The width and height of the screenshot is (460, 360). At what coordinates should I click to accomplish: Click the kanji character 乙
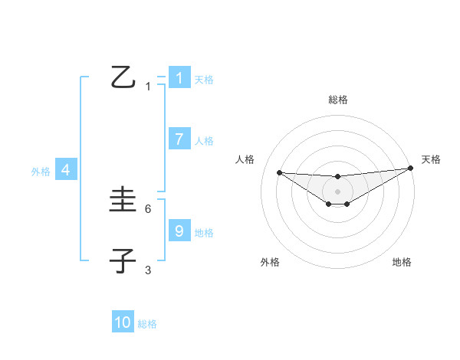123,77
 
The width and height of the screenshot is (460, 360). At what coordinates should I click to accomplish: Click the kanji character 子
123,261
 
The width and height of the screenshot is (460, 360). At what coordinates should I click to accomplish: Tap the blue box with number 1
179,78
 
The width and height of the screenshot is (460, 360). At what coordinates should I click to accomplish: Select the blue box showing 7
179,139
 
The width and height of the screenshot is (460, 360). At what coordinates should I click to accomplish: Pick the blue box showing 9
179,231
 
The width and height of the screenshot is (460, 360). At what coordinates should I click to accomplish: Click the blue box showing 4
65,170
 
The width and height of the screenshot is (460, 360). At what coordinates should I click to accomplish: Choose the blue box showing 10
123,322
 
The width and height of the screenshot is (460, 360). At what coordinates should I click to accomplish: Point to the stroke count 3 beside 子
148,270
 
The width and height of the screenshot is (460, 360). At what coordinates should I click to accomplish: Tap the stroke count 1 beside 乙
148,86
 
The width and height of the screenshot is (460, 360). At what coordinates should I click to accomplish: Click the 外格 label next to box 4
41,172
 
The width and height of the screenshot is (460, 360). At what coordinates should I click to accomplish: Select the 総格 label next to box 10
147,324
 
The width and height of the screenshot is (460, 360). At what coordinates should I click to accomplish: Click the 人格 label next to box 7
204,141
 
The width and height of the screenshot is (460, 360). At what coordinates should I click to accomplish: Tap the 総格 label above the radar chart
337,100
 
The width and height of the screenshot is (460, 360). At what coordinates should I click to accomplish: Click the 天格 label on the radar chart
431,159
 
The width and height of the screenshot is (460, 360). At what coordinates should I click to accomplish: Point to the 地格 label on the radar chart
402,262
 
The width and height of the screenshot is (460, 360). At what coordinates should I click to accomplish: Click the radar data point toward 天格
411,169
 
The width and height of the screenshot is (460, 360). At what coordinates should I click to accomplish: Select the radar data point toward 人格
279,172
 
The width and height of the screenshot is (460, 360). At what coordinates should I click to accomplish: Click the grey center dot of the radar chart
337,191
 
